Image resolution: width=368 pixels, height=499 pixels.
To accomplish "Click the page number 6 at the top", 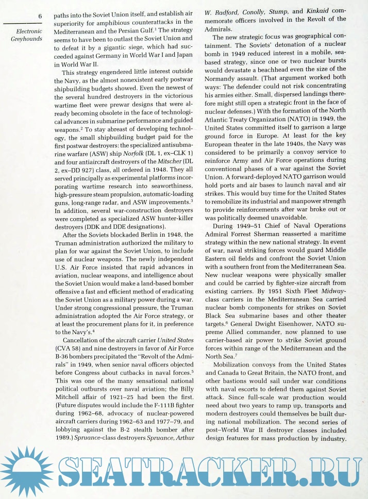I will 40,16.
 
